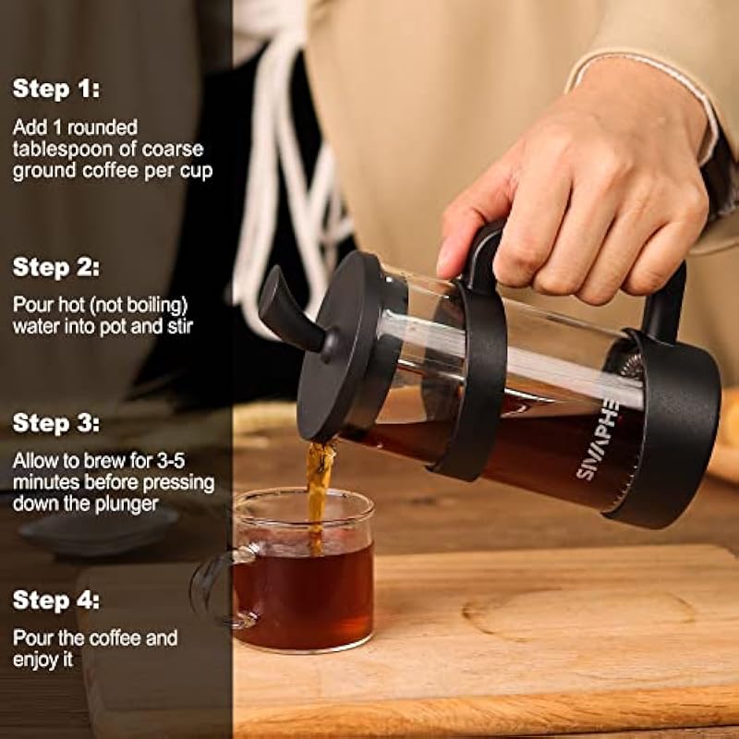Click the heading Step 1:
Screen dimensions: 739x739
(56, 88)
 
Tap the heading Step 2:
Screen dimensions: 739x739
(56, 267)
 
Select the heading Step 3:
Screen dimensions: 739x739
(56, 423)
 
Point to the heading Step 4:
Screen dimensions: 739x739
(56, 600)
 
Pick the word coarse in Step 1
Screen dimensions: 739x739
(173, 150)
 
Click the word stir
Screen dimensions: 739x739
(179, 326)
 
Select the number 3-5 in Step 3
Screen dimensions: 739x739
(170, 461)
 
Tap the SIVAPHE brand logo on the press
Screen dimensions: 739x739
(598, 441)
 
